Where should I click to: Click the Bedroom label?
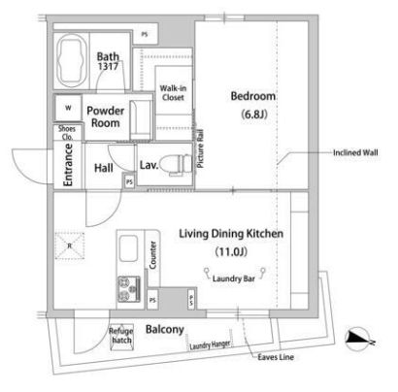click(252, 96)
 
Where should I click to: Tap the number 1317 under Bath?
click(108, 68)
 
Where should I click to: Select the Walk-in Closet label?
click(173, 93)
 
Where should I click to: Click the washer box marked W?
click(68, 107)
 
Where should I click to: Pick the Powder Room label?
click(106, 117)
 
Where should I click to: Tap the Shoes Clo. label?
click(67, 133)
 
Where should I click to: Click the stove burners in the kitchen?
click(129, 287)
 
